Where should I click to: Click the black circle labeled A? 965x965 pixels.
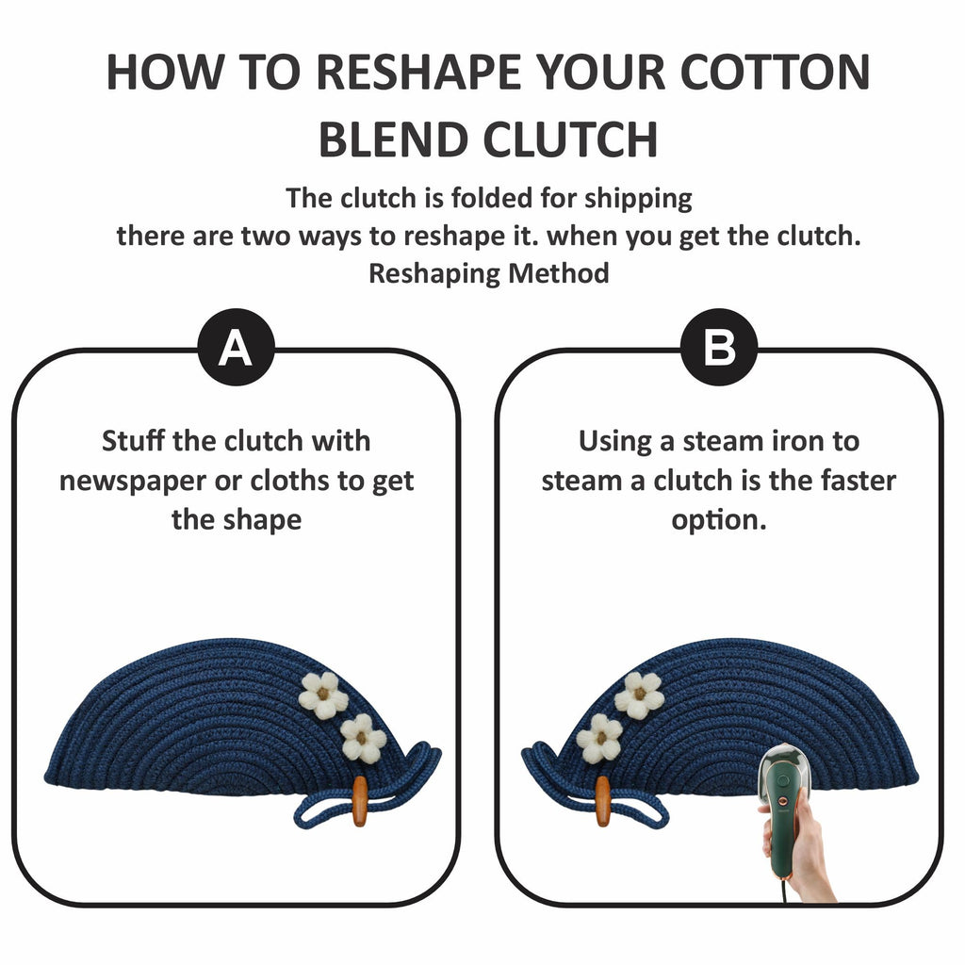(x=236, y=347)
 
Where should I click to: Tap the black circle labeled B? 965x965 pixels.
(x=719, y=347)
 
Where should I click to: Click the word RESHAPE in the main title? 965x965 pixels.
(x=418, y=73)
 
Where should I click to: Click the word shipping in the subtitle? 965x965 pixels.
(x=638, y=200)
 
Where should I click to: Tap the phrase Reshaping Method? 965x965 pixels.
(x=489, y=274)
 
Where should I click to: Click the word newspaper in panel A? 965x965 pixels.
(x=132, y=482)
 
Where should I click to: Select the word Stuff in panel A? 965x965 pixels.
(x=134, y=441)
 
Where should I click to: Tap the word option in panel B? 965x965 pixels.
(x=719, y=520)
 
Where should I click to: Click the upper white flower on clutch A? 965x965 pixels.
(x=323, y=695)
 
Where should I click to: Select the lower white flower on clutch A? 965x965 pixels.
(x=363, y=738)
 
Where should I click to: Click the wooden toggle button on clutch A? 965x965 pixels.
(x=359, y=801)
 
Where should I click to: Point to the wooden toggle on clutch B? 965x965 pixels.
(x=604, y=801)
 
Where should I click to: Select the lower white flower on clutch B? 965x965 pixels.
(x=600, y=738)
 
